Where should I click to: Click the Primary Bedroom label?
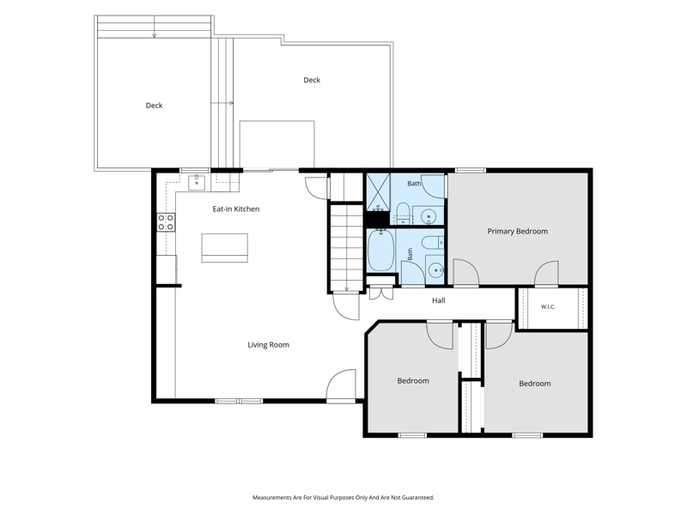click(x=518, y=231)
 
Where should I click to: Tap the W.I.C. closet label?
click(x=548, y=307)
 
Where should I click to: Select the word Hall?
click(x=439, y=300)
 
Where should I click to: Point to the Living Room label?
click(x=268, y=345)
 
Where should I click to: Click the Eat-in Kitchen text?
click(x=235, y=209)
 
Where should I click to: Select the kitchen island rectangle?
click(x=224, y=248)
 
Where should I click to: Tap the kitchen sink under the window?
click(x=197, y=183)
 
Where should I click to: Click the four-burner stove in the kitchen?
click(x=166, y=222)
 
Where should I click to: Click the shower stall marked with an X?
click(x=378, y=192)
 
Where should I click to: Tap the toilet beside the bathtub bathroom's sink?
click(x=433, y=242)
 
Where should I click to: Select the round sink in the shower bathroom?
click(x=428, y=216)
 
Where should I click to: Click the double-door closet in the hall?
click(x=381, y=293)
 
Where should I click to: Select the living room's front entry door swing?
click(x=341, y=385)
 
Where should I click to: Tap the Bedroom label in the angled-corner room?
click(x=413, y=380)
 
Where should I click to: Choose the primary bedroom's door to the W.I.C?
click(x=546, y=274)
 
